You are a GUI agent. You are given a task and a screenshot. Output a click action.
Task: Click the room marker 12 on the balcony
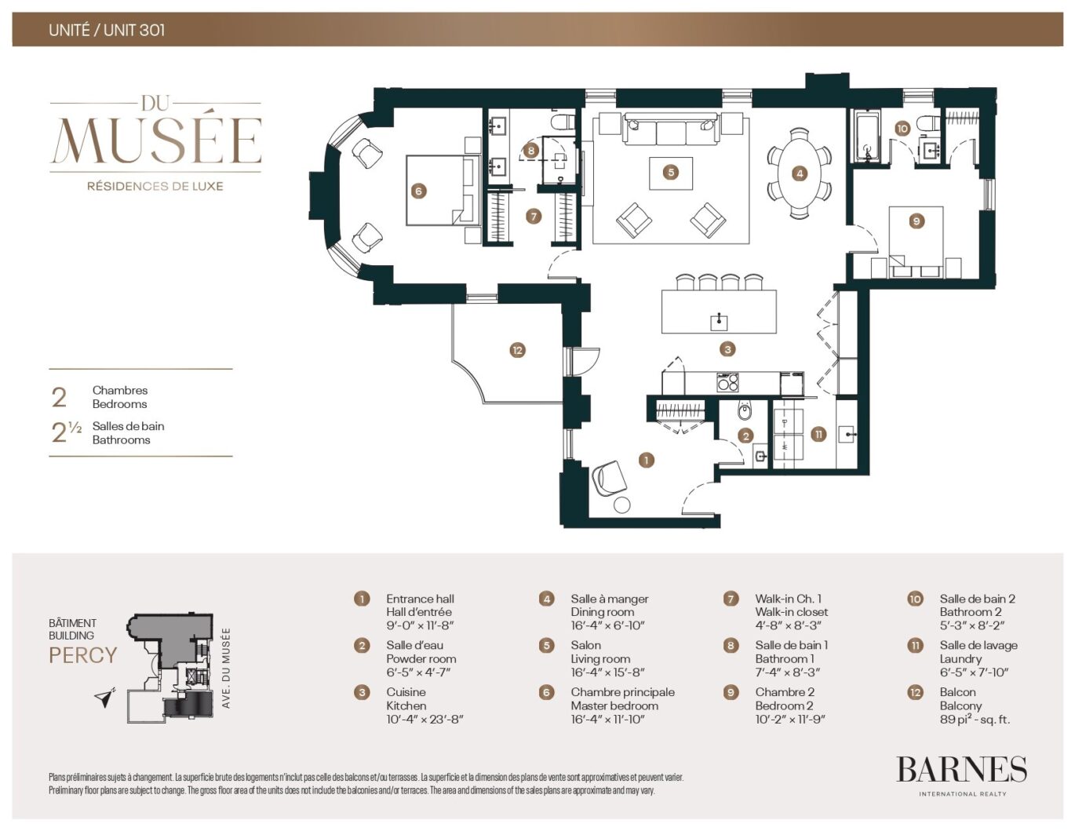(x=516, y=350)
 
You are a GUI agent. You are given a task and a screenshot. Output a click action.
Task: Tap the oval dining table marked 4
(x=799, y=173)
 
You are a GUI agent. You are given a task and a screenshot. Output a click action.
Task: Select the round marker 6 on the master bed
(x=418, y=191)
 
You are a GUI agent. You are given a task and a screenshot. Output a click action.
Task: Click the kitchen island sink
(x=719, y=321)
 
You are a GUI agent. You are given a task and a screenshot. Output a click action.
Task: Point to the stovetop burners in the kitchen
(x=727, y=383)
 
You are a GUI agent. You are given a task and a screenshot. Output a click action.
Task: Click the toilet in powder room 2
(x=745, y=412)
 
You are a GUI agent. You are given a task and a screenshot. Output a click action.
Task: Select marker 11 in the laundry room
(x=818, y=434)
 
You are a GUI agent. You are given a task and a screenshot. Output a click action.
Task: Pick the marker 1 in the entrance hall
(x=646, y=461)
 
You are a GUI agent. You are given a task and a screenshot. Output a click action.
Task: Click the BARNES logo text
(x=961, y=770)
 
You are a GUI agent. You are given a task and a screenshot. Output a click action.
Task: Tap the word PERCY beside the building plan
(x=82, y=655)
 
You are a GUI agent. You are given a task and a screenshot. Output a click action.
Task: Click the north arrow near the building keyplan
(x=105, y=697)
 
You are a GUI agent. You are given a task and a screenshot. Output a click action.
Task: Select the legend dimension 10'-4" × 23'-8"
(x=425, y=719)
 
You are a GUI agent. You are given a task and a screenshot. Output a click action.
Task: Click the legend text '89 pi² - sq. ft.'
(x=975, y=719)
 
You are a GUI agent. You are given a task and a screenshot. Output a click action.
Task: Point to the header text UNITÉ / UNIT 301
(x=107, y=30)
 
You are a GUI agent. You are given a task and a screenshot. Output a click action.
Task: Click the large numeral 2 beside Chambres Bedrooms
(x=59, y=397)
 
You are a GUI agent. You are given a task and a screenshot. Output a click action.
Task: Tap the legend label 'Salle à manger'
(x=609, y=599)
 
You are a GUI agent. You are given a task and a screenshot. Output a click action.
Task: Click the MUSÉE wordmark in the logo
(x=155, y=141)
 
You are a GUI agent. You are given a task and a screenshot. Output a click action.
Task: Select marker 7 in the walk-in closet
(x=534, y=216)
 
